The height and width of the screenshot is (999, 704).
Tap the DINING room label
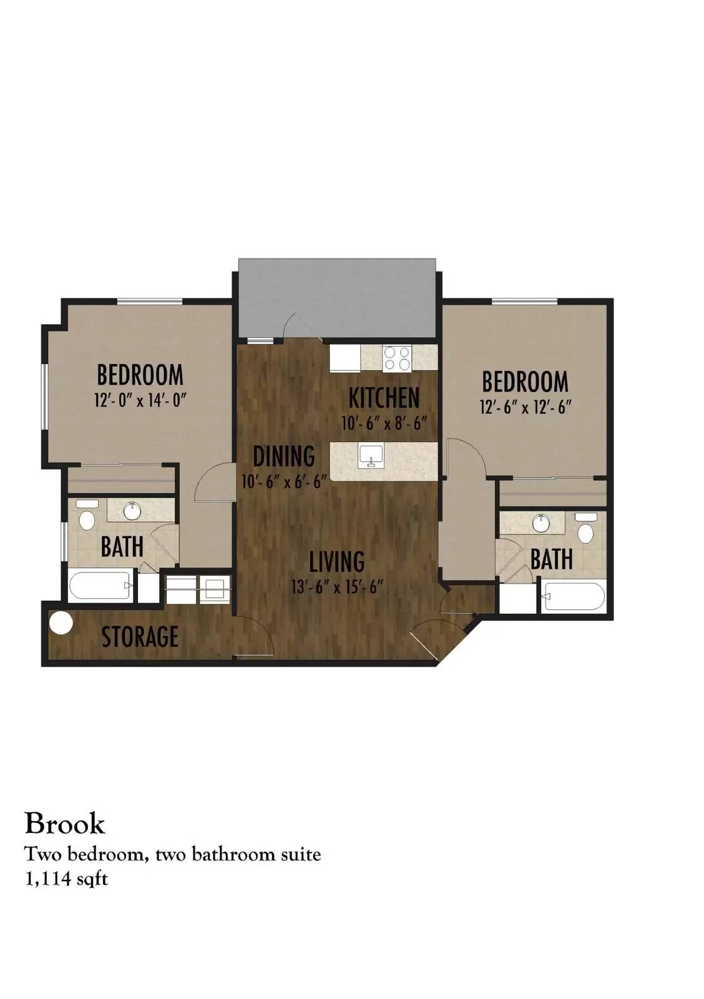pyautogui.click(x=284, y=456)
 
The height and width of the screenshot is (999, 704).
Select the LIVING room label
pyautogui.click(x=337, y=561)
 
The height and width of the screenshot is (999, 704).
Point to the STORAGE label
pyautogui.click(x=140, y=636)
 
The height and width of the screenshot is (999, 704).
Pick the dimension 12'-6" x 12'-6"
pyautogui.click(x=526, y=406)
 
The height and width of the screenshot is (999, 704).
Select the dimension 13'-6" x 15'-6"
pyautogui.click(x=338, y=587)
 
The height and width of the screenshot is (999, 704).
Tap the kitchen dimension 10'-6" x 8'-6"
pyautogui.click(x=384, y=423)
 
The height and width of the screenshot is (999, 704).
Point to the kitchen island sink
pyautogui.click(x=371, y=456)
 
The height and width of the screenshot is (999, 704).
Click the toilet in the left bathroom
pyautogui.click(x=87, y=514)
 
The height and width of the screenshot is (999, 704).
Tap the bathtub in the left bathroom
pyautogui.click(x=100, y=586)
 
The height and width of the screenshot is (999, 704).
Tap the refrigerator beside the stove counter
pyautogui.click(x=344, y=358)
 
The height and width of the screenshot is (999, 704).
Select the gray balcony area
pyautogui.click(x=337, y=298)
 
